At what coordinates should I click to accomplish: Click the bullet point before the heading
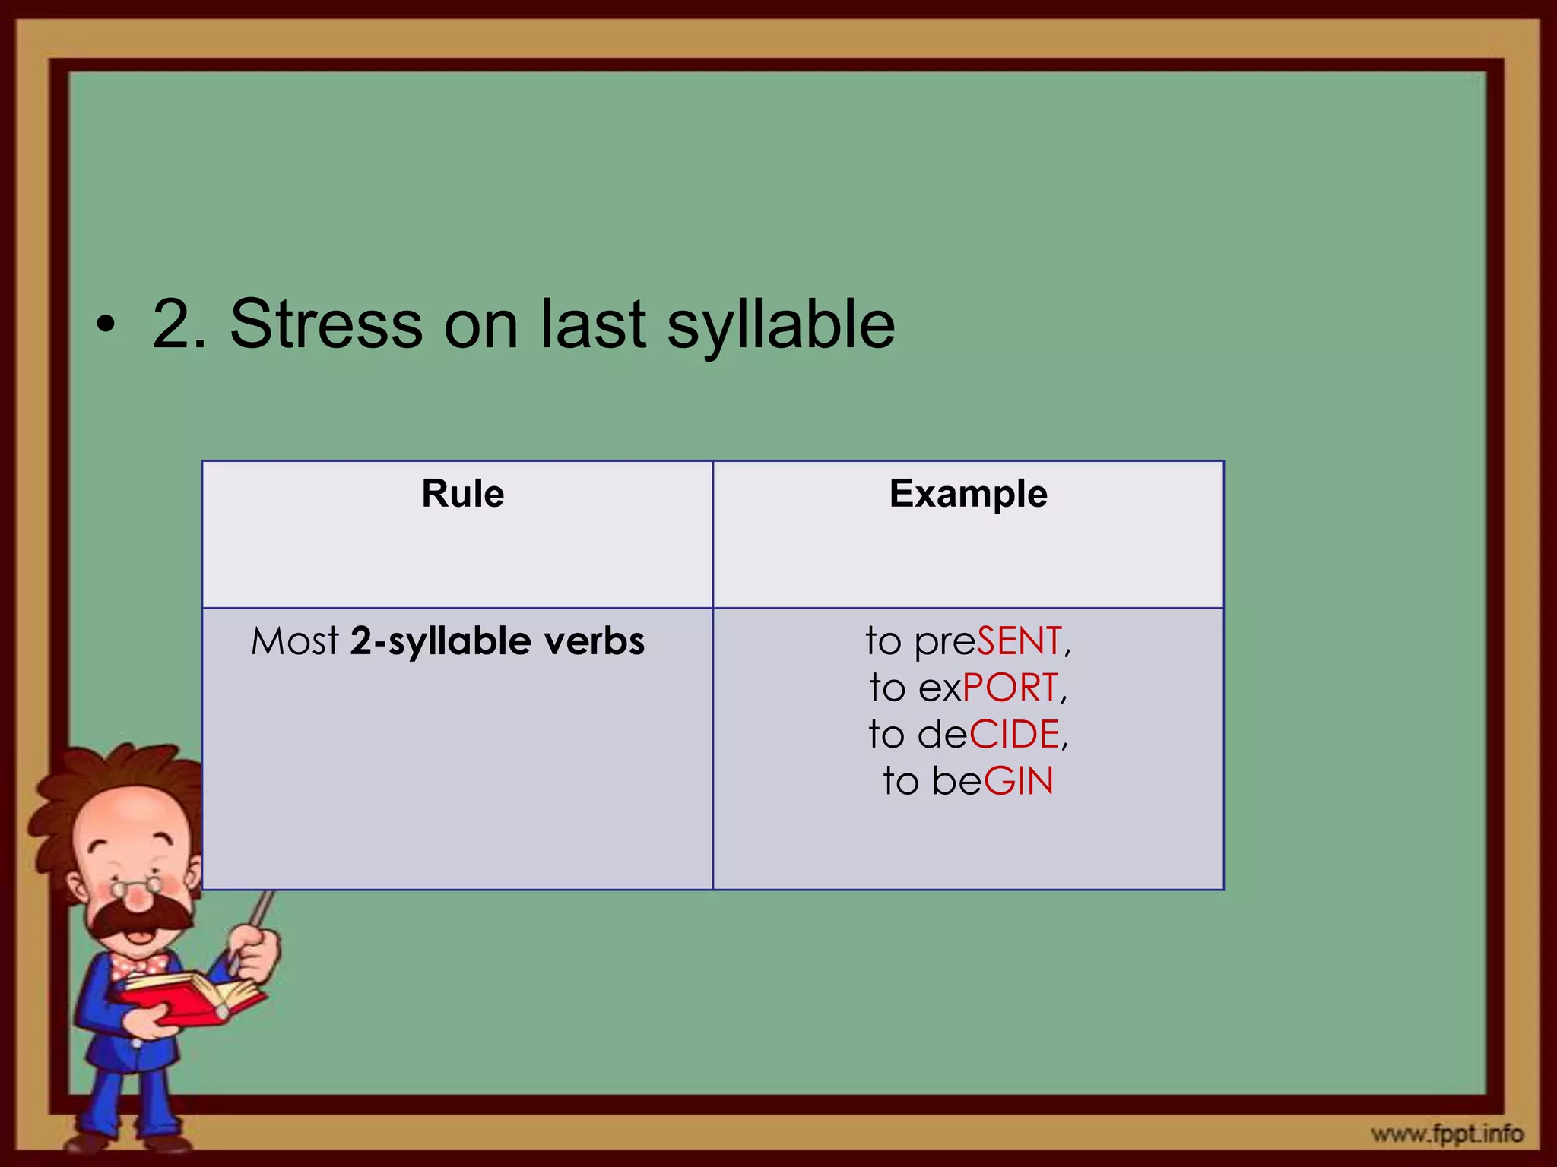pos(106,327)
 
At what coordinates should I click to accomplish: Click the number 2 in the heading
pos(173,324)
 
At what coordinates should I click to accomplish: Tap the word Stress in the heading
pos(325,324)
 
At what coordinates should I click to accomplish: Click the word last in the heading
pos(593,324)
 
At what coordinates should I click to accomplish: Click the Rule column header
pos(462,494)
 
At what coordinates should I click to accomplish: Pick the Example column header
pos(968,494)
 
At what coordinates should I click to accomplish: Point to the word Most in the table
pos(295,641)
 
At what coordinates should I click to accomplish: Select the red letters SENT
pos(1019,641)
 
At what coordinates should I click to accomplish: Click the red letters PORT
pos(1010,688)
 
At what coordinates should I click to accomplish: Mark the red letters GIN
pos(1019,781)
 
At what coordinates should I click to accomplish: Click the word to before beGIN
pos(901,781)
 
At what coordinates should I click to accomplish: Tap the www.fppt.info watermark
pos(1447,1134)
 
